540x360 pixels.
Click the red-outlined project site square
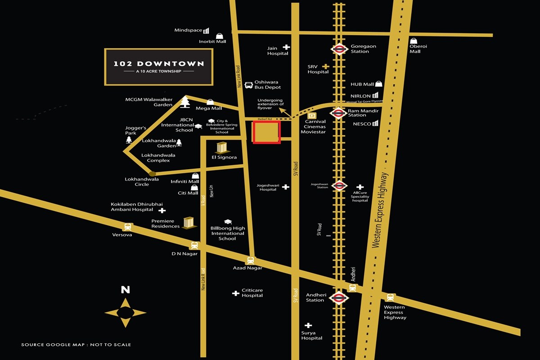pyautogui.click(x=266, y=132)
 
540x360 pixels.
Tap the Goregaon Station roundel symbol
pyautogui.click(x=339, y=49)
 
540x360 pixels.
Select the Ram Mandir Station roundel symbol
pyautogui.click(x=339, y=112)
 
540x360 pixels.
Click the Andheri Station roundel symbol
pyautogui.click(x=339, y=297)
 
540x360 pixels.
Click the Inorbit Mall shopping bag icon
pyautogui.click(x=219, y=36)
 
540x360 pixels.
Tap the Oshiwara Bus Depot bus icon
pyautogui.click(x=248, y=85)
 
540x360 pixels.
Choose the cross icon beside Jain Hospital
pyautogui.click(x=286, y=47)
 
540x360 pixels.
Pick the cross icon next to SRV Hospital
pyautogui.click(x=325, y=67)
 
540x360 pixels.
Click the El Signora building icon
pyautogui.click(x=221, y=148)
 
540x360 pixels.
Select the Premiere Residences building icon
pyautogui.click(x=189, y=223)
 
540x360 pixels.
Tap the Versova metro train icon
pyautogui.click(x=128, y=227)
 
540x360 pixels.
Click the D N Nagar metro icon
pyautogui.click(x=194, y=246)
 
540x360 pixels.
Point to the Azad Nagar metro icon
pyautogui.click(x=250, y=260)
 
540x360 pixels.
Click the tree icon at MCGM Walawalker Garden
pyautogui.click(x=184, y=102)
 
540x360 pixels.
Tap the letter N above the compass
pyautogui.click(x=125, y=290)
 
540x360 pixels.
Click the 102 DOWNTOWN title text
pyautogui.click(x=158, y=64)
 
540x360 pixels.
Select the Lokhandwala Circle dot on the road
pyautogui.click(x=153, y=174)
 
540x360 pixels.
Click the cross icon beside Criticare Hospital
pyautogui.click(x=235, y=293)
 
